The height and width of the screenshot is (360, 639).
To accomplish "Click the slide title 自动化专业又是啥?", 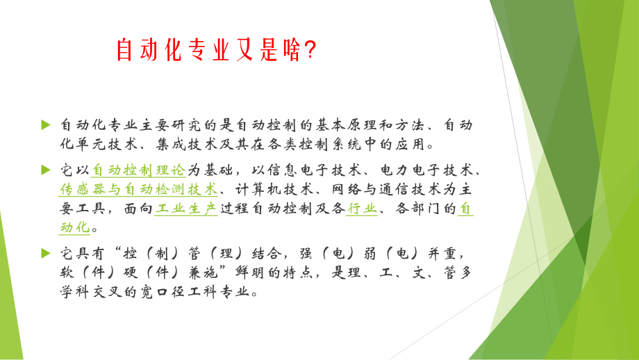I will tap(215, 49).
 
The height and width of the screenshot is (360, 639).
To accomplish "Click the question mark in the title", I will tap(310, 49).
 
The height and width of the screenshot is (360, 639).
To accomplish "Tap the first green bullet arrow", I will tap(46, 124).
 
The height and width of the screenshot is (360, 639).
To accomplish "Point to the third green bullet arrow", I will tap(46, 252).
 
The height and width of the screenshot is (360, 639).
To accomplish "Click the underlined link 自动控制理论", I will tap(138, 169).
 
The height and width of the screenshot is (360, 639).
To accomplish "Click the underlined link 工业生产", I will tap(185, 208).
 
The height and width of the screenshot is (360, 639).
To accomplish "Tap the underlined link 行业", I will tap(362, 208).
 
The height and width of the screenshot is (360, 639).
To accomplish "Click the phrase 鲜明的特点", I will tap(279, 272).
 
